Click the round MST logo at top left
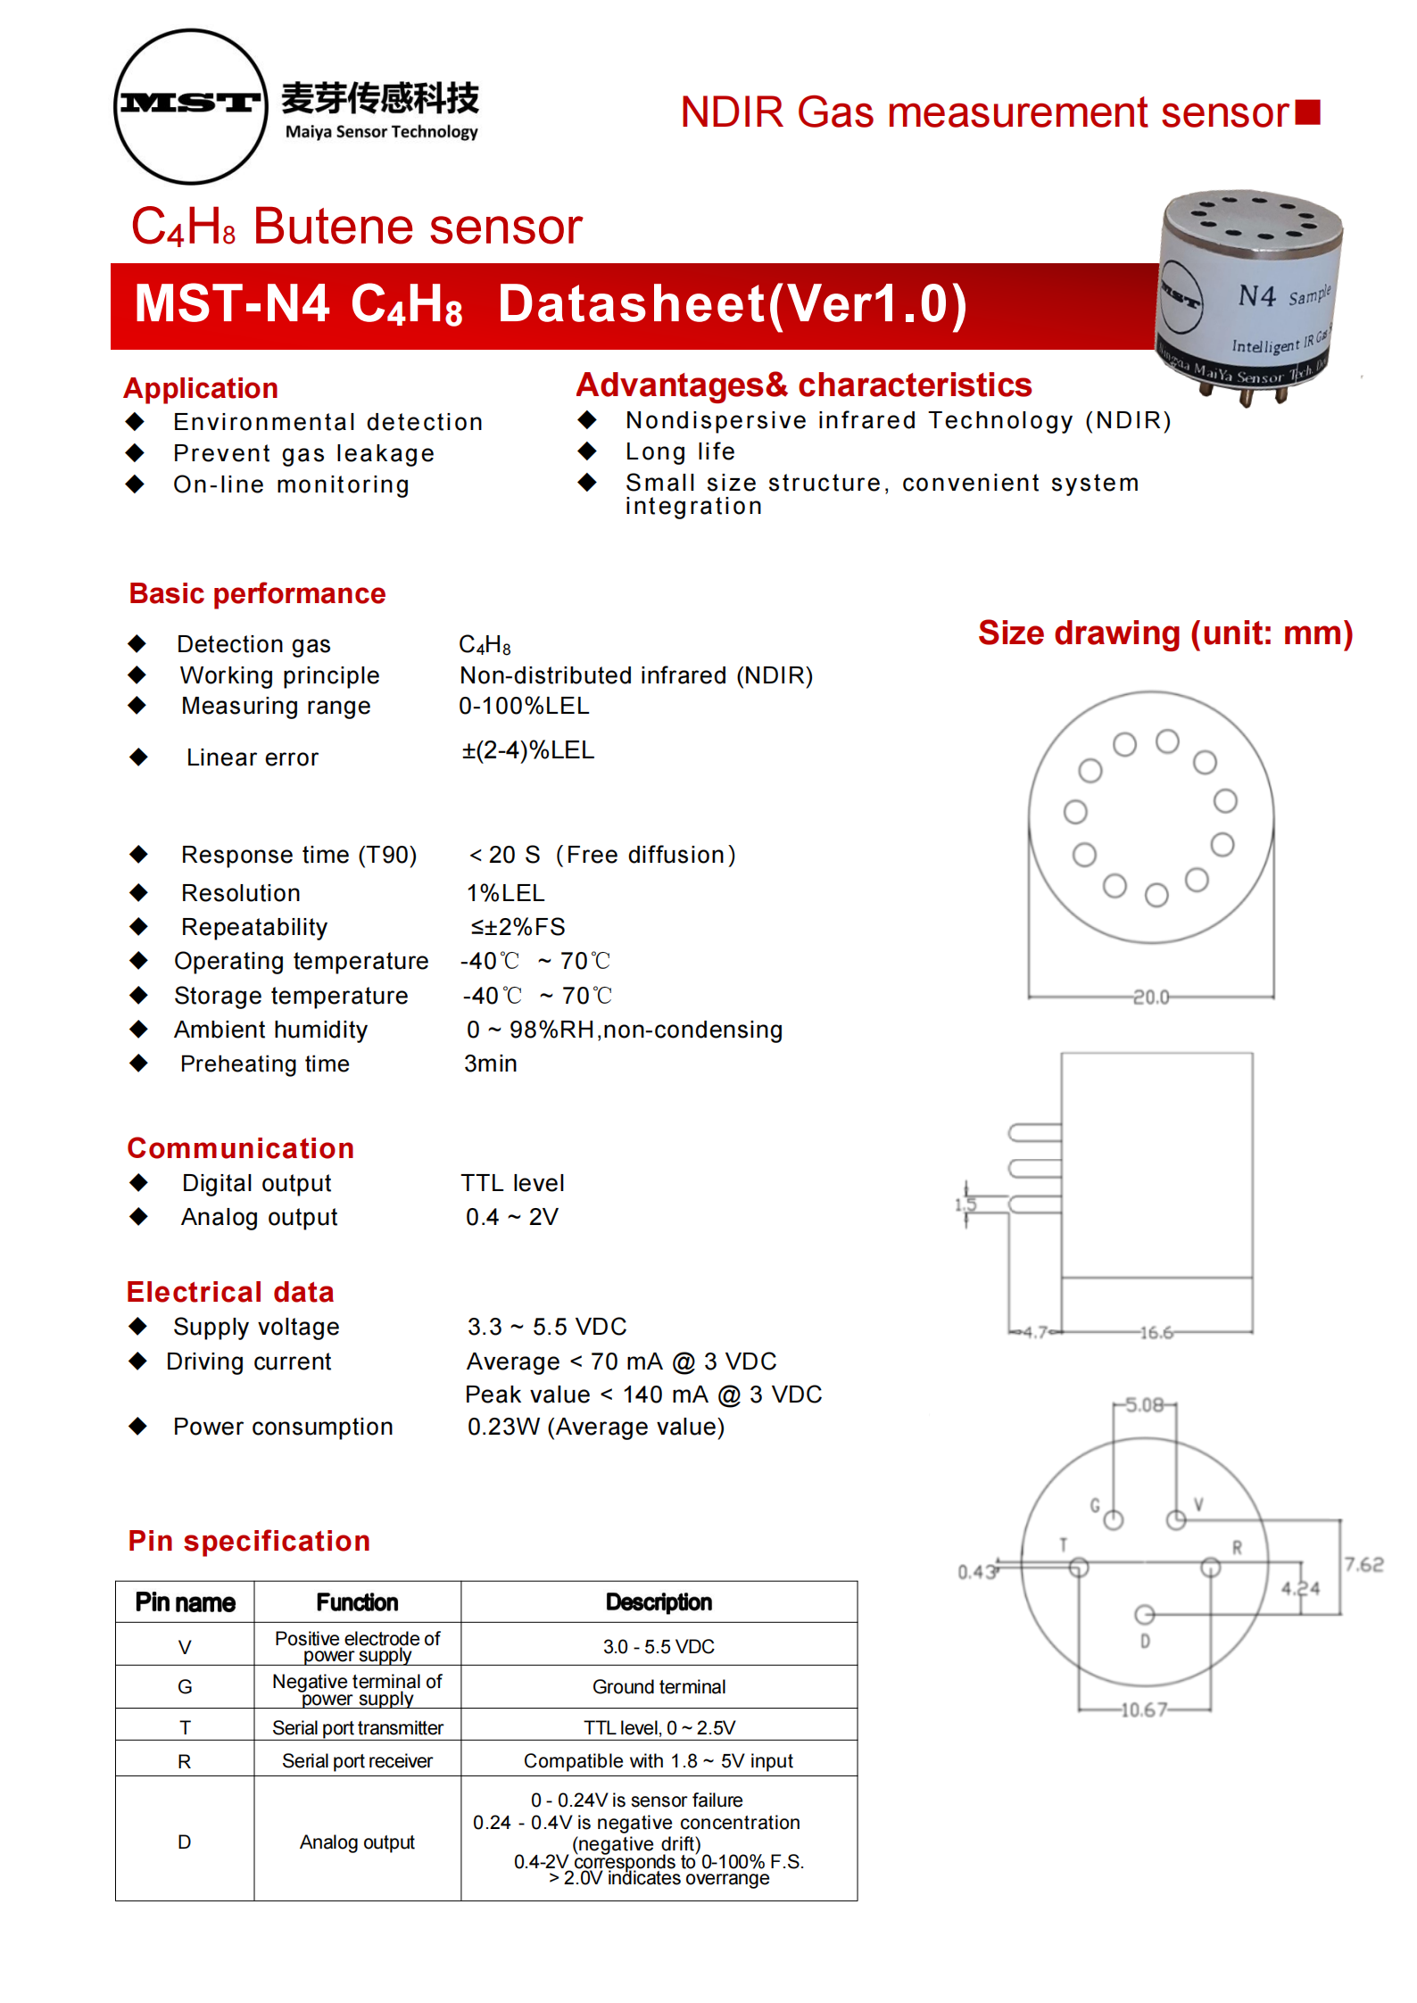pyautogui.click(x=191, y=106)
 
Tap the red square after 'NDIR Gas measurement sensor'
pyautogui.click(x=1307, y=112)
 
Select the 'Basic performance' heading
pyautogui.click(x=257, y=593)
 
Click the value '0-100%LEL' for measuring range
pyautogui.click(x=524, y=706)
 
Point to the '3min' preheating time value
pyautogui.click(x=490, y=1064)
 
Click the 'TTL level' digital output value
pyautogui.click(x=512, y=1183)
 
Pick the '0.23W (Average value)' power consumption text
pyautogui.click(x=595, y=1427)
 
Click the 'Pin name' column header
pyautogui.click(x=185, y=1602)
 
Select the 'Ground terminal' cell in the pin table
pyautogui.click(x=659, y=1687)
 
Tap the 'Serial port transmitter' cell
pyautogui.click(x=357, y=1728)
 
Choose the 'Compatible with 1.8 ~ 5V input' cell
pyautogui.click(x=658, y=1761)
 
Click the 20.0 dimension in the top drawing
pyautogui.click(x=1150, y=997)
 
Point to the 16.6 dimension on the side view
pyautogui.click(x=1156, y=1333)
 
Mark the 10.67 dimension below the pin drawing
pyautogui.click(x=1143, y=1710)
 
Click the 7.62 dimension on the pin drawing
pyautogui.click(x=1363, y=1564)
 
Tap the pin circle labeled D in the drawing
pyautogui.click(x=1144, y=1615)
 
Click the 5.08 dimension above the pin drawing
pyautogui.click(x=1144, y=1405)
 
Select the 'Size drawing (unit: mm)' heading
pyautogui.click(x=1164, y=633)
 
